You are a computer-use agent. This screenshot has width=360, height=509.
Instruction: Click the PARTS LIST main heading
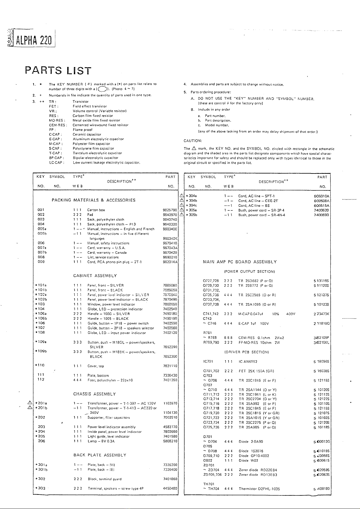tap(58, 71)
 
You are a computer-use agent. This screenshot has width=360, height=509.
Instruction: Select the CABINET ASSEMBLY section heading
tap(95, 276)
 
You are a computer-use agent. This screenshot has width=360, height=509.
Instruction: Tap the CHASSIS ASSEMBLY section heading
tap(94, 394)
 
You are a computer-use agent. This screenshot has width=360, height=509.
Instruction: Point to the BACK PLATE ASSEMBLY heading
tap(100, 455)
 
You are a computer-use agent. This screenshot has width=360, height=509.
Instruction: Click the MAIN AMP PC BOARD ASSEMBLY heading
tap(240, 262)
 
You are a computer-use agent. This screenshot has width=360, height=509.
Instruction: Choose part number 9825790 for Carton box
tap(170, 210)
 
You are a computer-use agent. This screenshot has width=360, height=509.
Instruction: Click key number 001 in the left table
tap(41, 210)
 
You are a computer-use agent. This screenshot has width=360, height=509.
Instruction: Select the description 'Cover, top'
tap(96, 366)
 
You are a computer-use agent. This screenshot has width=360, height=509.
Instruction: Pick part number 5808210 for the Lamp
tap(170, 441)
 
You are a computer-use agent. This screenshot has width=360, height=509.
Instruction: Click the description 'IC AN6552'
tap(248, 361)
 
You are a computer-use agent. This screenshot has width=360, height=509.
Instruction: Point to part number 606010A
tap(322, 196)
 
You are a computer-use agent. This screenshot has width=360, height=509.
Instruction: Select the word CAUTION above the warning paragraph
tap(193, 141)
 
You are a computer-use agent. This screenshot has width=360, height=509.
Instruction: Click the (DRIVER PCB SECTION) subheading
tap(247, 352)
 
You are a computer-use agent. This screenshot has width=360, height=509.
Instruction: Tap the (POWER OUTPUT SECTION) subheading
tap(249, 271)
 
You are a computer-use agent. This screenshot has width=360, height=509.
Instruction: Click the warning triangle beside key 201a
tap(30, 403)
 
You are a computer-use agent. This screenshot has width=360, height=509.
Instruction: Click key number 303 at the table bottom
tap(41, 488)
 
